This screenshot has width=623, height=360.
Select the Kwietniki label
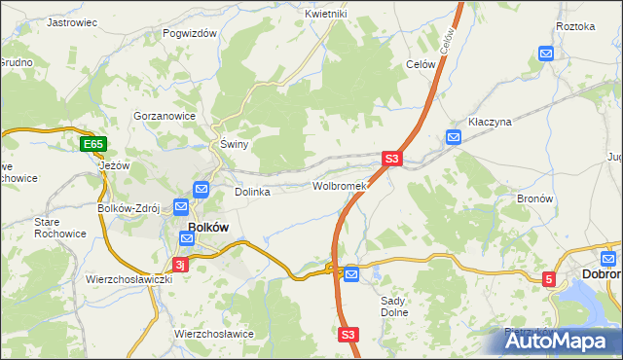point(325,14)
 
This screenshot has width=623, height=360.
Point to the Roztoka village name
point(574,26)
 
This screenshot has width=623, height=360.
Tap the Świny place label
point(235,144)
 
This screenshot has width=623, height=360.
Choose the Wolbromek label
point(338,185)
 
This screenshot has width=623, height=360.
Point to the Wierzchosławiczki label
point(128,279)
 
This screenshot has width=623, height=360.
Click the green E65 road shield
point(92,145)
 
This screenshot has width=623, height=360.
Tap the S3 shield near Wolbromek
point(391,159)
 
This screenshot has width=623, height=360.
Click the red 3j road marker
point(179,264)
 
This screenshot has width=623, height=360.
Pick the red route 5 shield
point(550,279)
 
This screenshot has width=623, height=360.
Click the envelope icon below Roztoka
point(546,54)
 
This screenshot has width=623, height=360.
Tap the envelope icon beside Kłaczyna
point(453,138)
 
